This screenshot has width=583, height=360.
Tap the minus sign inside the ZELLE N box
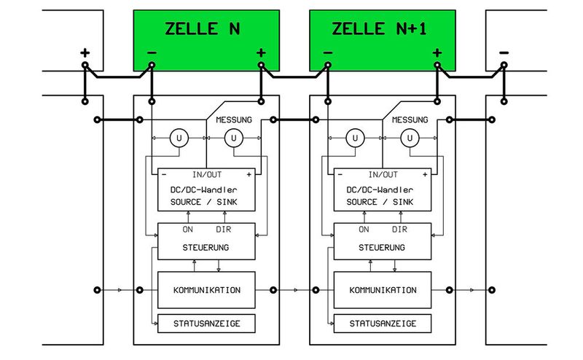pos(151,52)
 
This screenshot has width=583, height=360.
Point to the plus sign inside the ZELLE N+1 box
pos(437,52)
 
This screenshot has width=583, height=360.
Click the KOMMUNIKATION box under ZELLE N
pos(206,289)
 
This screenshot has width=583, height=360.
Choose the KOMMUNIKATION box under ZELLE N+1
pos(383,289)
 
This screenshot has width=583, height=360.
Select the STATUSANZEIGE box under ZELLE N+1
pos(383,323)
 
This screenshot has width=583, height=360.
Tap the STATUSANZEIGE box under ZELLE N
pos(206,323)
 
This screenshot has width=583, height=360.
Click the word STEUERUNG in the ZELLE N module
pos(206,247)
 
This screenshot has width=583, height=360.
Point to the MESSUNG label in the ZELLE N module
pos(234,120)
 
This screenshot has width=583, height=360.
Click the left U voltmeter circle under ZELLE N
pos(179,137)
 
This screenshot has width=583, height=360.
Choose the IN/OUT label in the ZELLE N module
pos(206,175)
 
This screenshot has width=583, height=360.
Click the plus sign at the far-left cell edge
pos(85,52)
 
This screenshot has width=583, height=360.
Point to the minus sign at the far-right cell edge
pos(503,52)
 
